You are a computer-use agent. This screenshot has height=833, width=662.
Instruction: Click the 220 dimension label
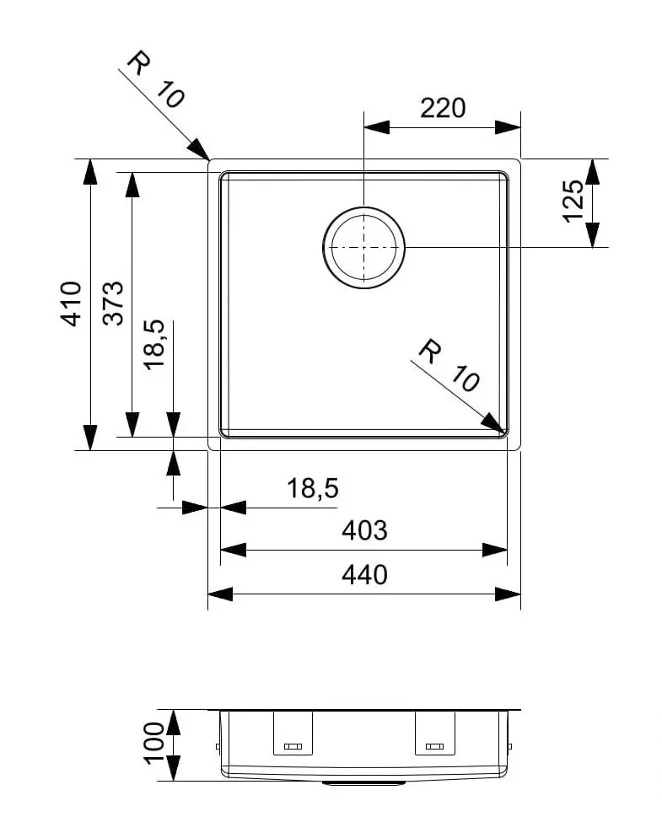click(x=443, y=109)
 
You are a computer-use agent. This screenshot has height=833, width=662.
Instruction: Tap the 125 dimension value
click(x=573, y=202)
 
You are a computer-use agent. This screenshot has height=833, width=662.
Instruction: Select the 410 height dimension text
click(x=71, y=304)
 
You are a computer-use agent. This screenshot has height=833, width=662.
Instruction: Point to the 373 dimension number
click(x=113, y=304)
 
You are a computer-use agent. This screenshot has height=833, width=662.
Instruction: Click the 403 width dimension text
click(x=364, y=530)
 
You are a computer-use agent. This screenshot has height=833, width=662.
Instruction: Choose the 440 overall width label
click(x=364, y=574)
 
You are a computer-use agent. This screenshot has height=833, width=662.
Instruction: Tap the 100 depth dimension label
click(x=154, y=744)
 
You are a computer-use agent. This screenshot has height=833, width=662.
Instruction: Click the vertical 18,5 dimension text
click(x=154, y=344)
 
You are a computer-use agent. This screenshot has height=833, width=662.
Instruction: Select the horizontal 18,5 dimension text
click(x=312, y=487)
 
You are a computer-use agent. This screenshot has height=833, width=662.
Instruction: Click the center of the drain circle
click(x=364, y=248)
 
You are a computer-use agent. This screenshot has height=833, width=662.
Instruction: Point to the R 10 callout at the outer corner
click(x=156, y=78)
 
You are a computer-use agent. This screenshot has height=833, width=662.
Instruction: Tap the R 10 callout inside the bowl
click(x=449, y=366)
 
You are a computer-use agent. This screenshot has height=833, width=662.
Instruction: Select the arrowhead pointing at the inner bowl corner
click(x=492, y=423)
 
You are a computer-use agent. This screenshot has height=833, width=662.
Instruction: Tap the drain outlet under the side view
click(x=364, y=782)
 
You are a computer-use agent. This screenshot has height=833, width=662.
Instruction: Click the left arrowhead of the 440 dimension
click(x=220, y=594)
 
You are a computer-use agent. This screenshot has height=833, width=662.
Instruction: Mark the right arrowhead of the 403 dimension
click(x=495, y=550)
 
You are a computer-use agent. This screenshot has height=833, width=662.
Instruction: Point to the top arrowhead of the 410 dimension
click(x=91, y=172)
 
